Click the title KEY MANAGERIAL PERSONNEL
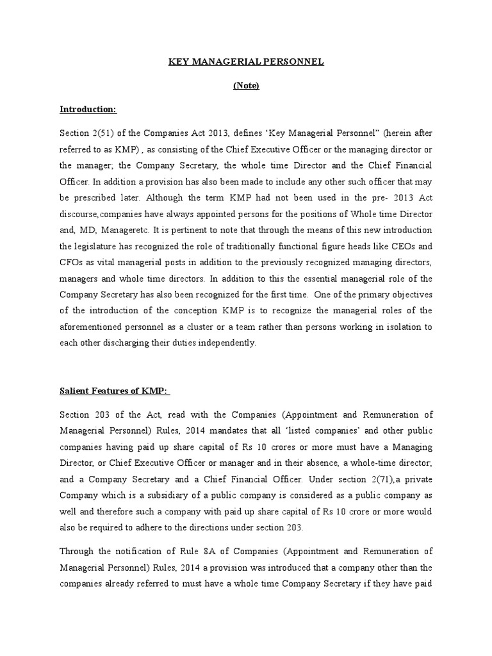pos(246,62)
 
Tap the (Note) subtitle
pos(246,86)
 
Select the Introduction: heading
pos(88,110)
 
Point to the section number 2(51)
pos(102,132)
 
